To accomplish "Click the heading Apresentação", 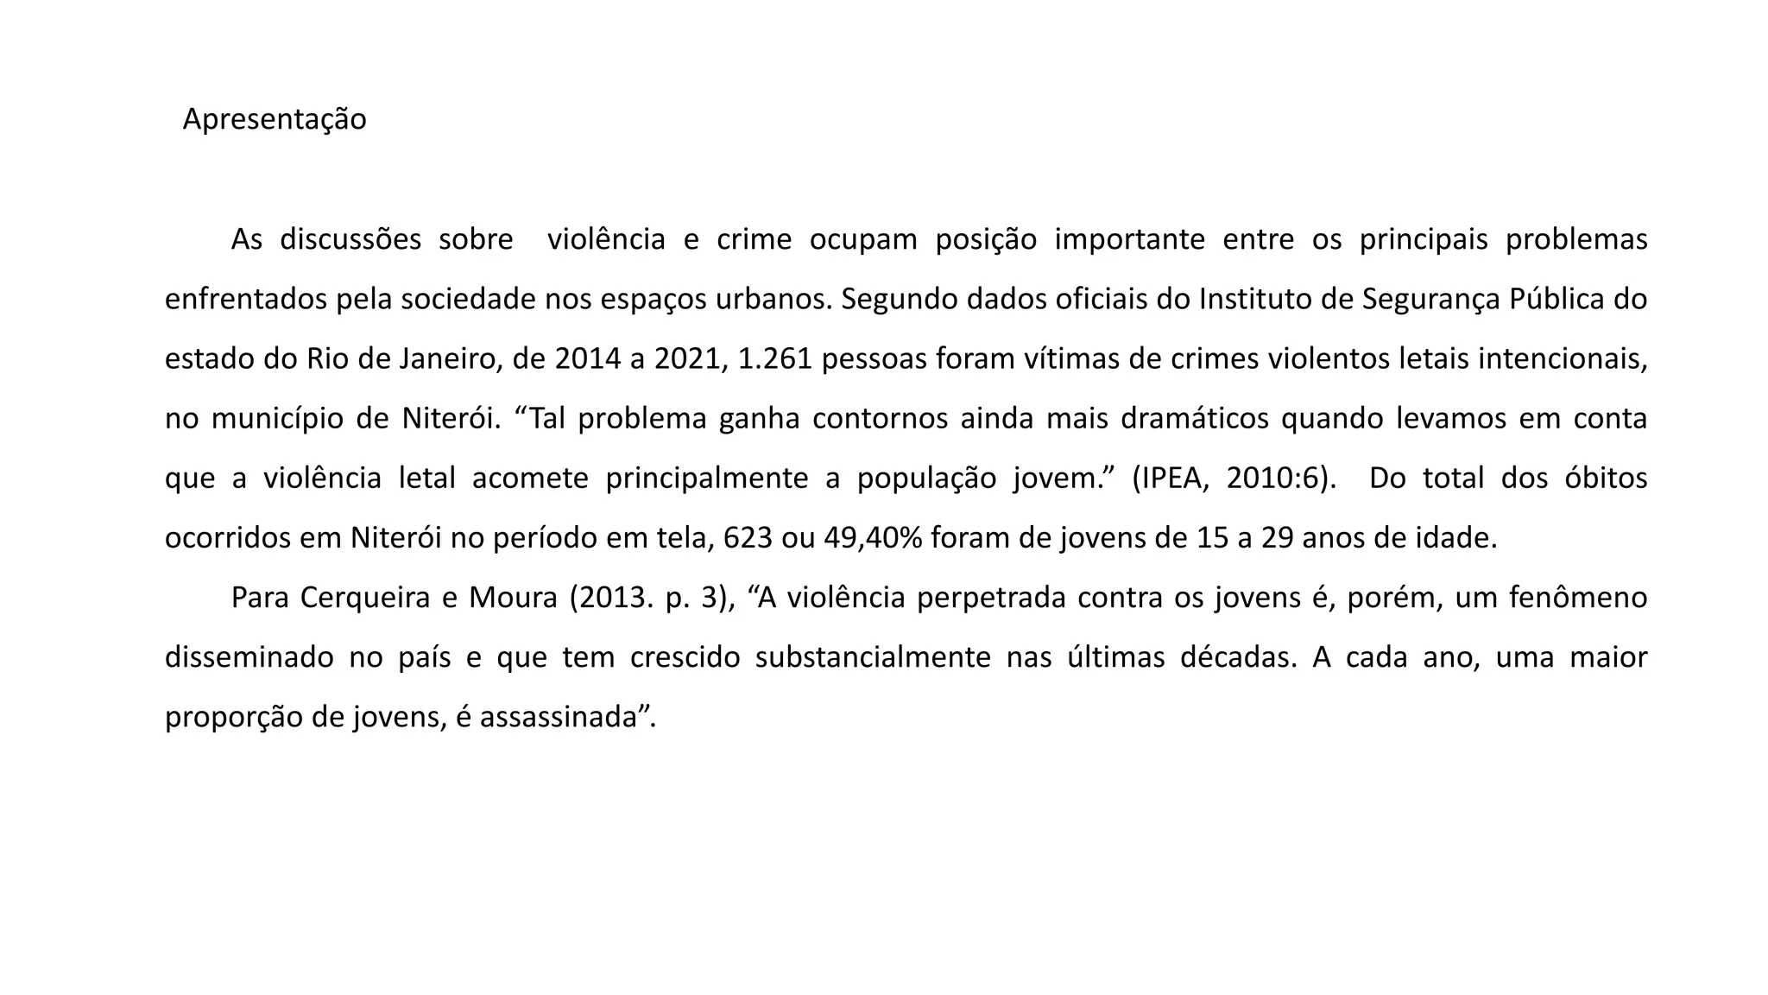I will point(275,119).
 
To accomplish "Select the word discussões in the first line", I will point(350,239).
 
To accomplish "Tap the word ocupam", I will point(863,239).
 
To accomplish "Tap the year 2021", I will point(686,358).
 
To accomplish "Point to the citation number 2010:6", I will point(1274,478).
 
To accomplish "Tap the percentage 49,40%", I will point(873,538).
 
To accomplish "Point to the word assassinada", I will point(558,717).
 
